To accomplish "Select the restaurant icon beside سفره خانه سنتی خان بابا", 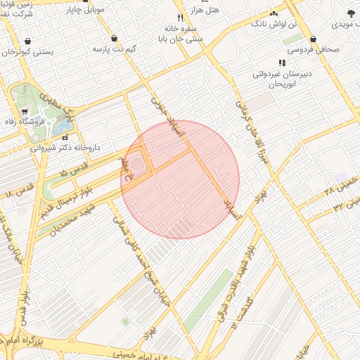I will tap(181, 18).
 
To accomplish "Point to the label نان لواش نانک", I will tap(276, 24).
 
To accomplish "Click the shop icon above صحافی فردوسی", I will tap(311, 39).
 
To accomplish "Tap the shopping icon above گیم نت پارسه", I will tap(114, 39).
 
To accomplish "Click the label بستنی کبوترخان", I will tap(28, 53).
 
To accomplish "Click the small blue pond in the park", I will tap(64, 127).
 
